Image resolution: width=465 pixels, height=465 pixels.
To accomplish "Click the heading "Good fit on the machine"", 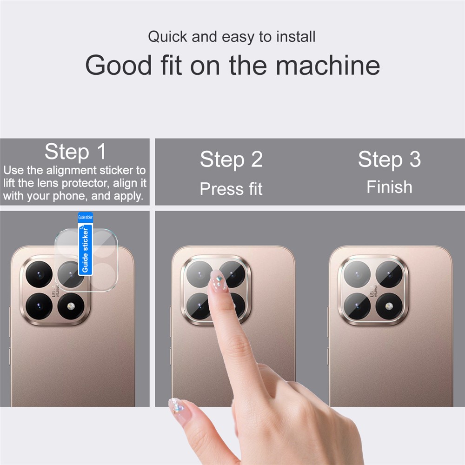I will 232,66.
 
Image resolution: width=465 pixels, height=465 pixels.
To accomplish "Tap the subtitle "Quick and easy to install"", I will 232,37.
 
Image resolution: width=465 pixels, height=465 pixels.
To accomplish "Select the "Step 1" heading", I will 75,152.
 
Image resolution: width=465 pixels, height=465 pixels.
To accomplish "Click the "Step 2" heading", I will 231,159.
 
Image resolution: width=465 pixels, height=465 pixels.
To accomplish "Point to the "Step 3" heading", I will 389,159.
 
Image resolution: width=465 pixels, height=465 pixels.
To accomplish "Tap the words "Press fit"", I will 231,189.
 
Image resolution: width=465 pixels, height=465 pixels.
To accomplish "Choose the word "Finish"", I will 389,187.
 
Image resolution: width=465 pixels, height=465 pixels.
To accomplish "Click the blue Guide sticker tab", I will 86,245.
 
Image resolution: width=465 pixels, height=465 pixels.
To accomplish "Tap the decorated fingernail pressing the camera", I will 218,281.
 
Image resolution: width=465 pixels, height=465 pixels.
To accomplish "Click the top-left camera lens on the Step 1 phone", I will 39,274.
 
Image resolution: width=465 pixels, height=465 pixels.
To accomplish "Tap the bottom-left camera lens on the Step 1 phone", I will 39,306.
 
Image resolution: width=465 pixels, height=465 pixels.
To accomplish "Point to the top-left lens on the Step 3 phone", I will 357,274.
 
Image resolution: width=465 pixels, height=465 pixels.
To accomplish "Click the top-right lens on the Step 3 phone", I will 389,274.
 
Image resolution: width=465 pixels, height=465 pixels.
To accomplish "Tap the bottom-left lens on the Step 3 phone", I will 357,306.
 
